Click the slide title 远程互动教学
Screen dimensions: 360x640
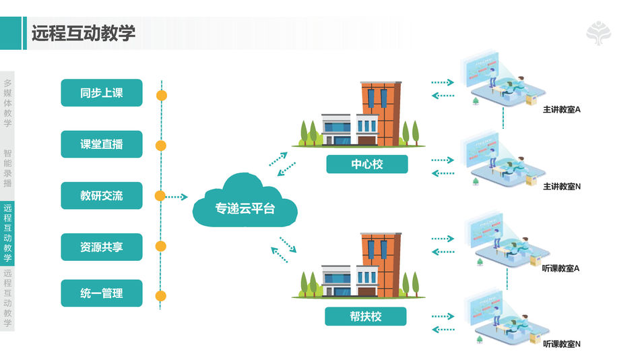[x=84, y=33]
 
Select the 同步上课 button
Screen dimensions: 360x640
[x=102, y=93]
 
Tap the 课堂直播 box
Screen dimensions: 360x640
[x=102, y=144]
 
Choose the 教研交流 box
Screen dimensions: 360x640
[x=102, y=196]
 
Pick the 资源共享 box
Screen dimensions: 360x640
[x=102, y=247]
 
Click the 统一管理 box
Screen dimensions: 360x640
[x=102, y=293]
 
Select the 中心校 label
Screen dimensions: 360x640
[x=366, y=164]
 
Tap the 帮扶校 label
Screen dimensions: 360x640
[x=366, y=316]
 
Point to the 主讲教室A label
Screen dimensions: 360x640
[x=562, y=109]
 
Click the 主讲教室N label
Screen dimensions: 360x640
[x=562, y=186]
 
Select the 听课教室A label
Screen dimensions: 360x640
[x=561, y=268]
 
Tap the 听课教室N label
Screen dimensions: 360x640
[x=561, y=344]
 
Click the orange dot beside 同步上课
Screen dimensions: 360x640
[x=161, y=95]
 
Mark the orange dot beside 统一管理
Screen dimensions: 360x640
[x=160, y=295]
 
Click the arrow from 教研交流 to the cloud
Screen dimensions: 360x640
[x=177, y=197]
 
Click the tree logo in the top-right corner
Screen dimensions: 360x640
[x=600, y=33]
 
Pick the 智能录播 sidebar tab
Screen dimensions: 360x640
[x=7, y=168]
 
